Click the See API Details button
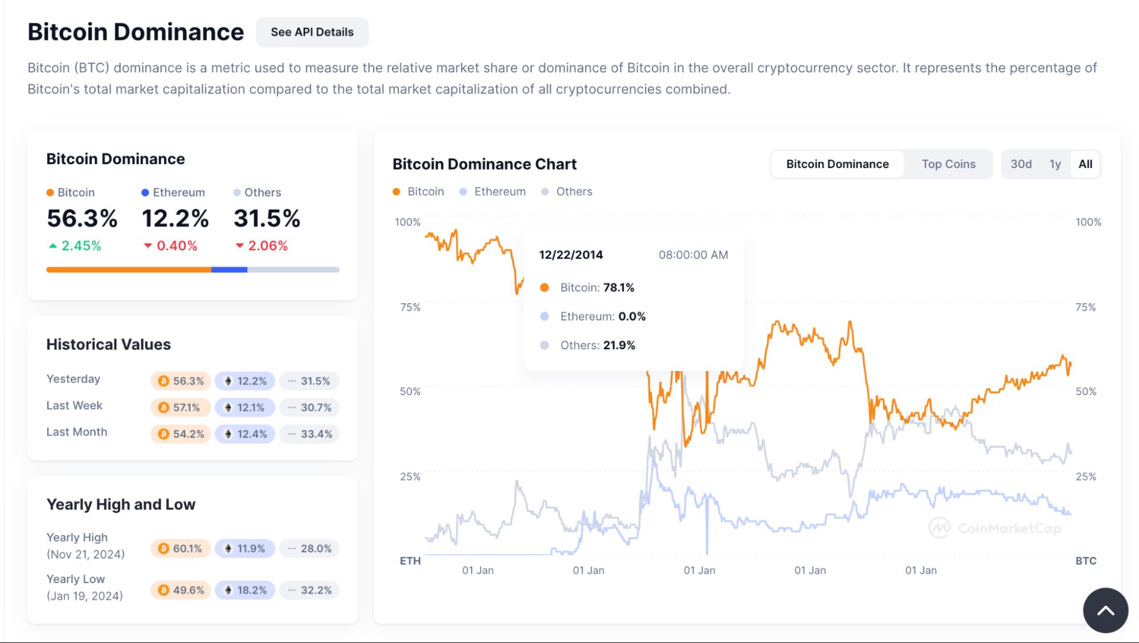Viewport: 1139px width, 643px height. [x=312, y=32]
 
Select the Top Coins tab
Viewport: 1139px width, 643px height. [x=948, y=164]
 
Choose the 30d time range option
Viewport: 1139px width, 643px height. [x=1020, y=164]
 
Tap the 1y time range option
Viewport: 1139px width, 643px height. [x=1055, y=164]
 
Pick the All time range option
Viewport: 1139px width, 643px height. [x=1085, y=164]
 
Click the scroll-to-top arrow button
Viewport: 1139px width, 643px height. [x=1105, y=611]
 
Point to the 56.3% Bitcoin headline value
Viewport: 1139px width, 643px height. [x=82, y=219]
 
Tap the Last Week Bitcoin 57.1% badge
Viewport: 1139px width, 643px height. [x=180, y=408]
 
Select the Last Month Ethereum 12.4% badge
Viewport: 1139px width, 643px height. [x=245, y=434]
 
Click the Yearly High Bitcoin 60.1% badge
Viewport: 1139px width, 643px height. [x=180, y=548]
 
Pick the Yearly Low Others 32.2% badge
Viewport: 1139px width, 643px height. [x=309, y=591]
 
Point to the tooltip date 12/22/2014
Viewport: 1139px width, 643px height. [x=570, y=255]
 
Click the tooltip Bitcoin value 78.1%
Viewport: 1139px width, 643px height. [x=618, y=288]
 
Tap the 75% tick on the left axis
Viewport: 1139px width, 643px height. [x=410, y=307]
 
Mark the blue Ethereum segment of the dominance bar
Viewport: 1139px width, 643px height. [x=229, y=270]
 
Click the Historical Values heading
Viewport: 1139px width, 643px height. [x=108, y=344]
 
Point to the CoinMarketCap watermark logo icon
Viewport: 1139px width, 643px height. [x=939, y=528]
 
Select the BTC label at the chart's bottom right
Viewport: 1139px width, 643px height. [x=1085, y=561]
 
